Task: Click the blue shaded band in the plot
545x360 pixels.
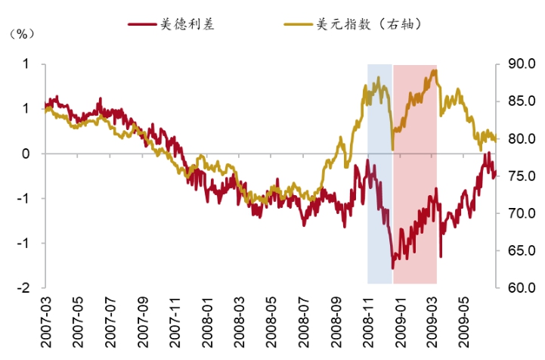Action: pos(379,227)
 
